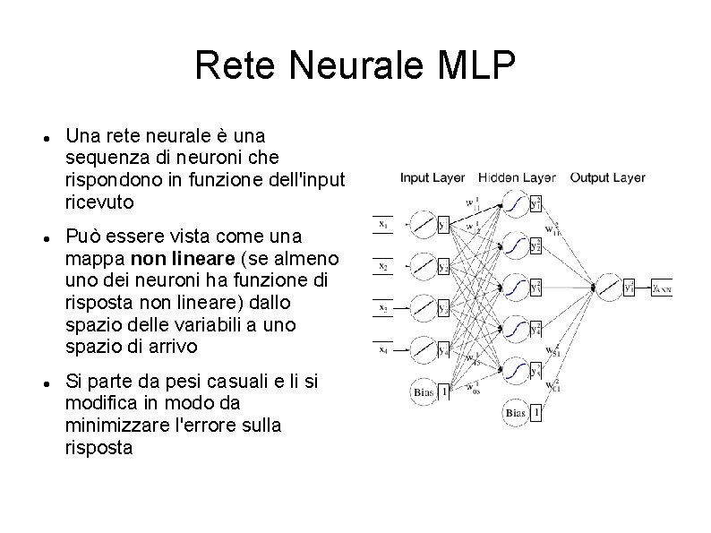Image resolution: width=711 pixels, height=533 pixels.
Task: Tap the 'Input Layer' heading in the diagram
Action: pos(432,177)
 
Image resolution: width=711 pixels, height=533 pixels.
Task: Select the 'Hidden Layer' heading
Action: pos(517,177)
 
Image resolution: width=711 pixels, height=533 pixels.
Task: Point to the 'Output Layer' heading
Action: pos(607,177)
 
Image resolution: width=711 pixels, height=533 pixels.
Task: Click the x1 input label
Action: pos(383,223)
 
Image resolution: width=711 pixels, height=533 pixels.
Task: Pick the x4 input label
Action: pos(383,348)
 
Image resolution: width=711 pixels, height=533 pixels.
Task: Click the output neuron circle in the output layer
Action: pos(608,287)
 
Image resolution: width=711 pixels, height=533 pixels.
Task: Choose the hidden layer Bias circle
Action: pos(514,413)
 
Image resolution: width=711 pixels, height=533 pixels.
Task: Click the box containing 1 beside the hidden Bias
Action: pos(535,413)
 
